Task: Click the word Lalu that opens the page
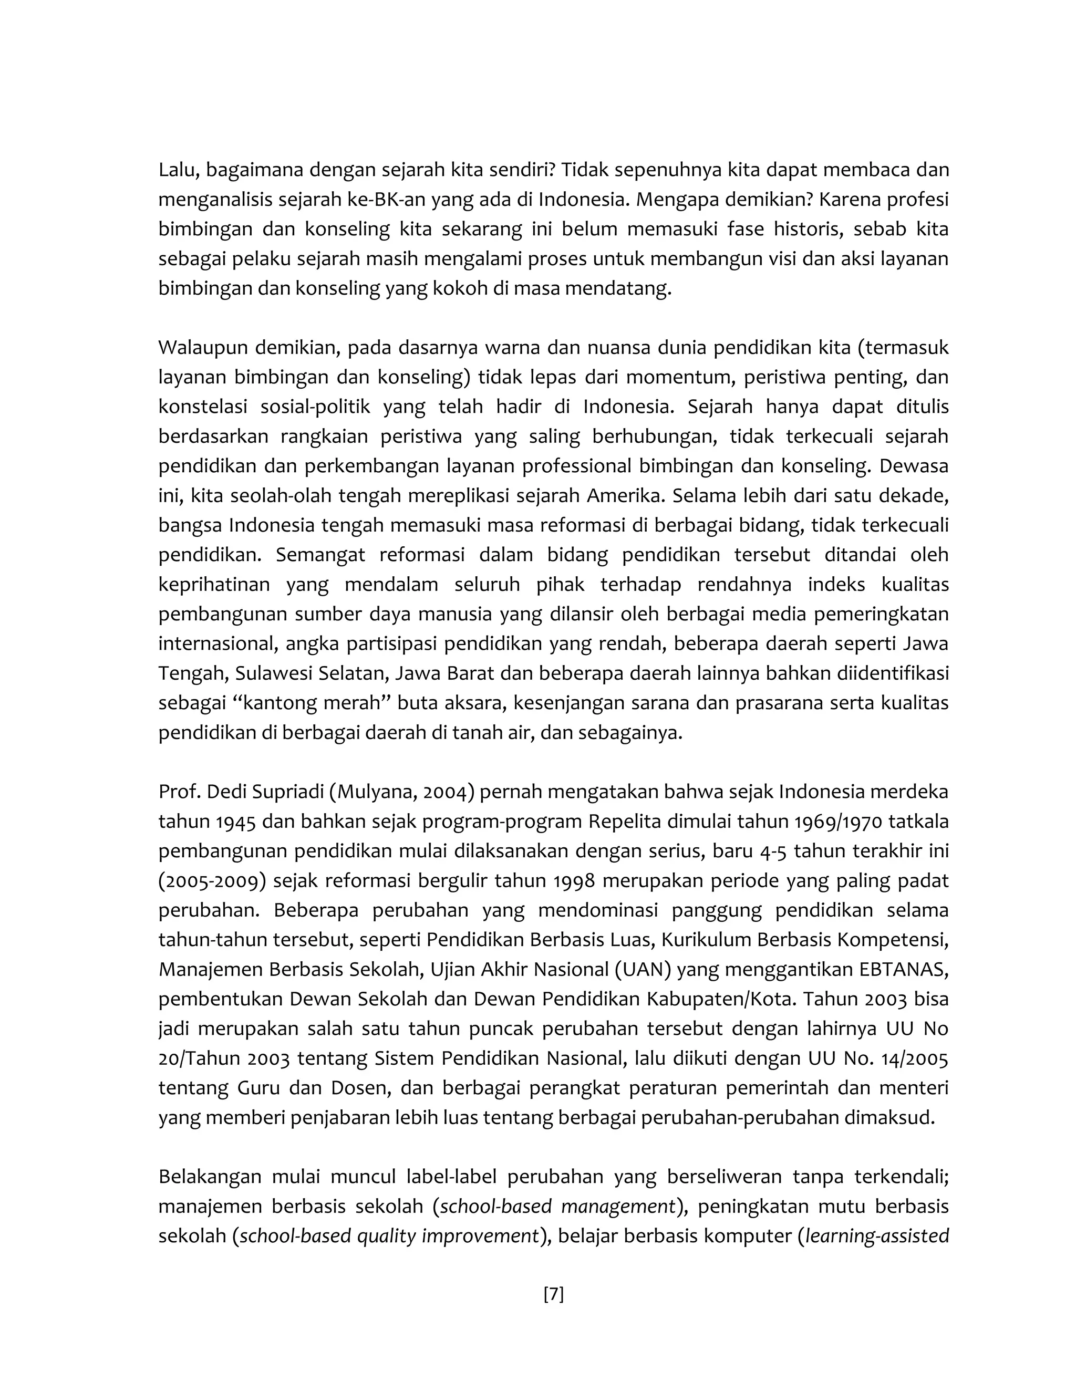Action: (x=177, y=170)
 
